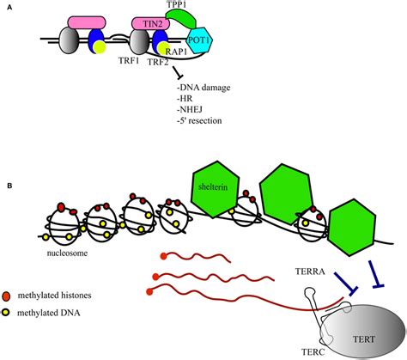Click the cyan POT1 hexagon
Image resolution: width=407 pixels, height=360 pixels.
[x=200, y=40]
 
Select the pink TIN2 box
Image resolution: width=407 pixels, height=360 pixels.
[x=151, y=24]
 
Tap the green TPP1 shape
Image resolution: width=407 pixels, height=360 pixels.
[x=181, y=18]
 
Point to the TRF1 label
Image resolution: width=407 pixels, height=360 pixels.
[x=129, y=60]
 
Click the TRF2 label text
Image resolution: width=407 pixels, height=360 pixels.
[x=158, y=62]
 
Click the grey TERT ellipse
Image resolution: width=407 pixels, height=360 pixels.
[x=363, y=333]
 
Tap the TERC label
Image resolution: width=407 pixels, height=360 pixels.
[x=313, y=351]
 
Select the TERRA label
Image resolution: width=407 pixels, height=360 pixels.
[x=310, y=272]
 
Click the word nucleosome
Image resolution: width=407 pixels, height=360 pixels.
[x=67, y=253]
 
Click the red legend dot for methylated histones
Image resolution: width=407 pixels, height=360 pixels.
[x=6, y=296]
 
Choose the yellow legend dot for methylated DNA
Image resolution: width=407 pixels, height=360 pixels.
[x=5, y=313]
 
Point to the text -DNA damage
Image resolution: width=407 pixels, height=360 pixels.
[x=203, y=88]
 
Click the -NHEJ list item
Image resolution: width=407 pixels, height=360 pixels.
[x=190, y=109]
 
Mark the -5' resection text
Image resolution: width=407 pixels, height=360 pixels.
[x=199, y=120]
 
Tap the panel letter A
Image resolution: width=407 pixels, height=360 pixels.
[x=9, y=8]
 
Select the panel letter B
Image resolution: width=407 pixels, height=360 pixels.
[x=9, y=186]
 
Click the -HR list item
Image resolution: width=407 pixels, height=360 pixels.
[x=185, y=99]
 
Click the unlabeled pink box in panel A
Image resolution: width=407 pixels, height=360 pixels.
[x=87, y=22]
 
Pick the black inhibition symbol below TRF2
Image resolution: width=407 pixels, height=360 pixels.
[x=178, y=72]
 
